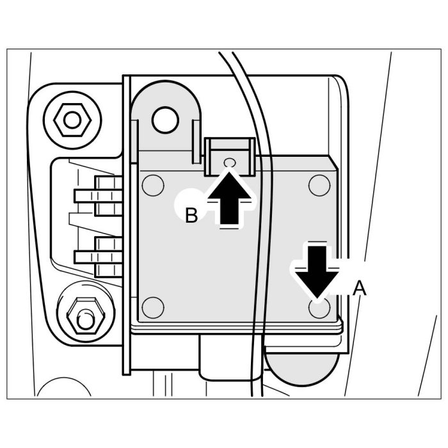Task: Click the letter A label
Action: pyautogui.click(x=360, y=289)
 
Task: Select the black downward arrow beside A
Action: pyautogui.click(x=317, y=269)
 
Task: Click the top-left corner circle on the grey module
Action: pyautogui.click(x=152, y=186)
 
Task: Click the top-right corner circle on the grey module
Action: pyautogui.click(x=318, y=185)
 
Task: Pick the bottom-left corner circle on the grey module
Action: pyautogui.click(x=152, y=308)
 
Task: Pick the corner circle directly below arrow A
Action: pyautogui.click(x=318, y=308)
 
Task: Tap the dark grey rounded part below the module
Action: pyautogui.click(x=301, y=368)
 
